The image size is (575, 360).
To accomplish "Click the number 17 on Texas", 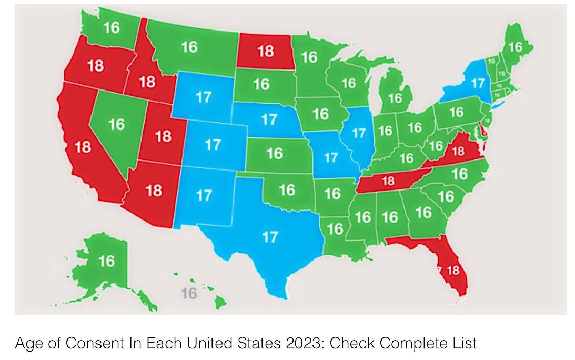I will (270, 237).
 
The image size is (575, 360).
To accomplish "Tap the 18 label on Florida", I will (452, 271).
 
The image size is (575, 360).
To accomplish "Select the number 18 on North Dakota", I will (266, 52).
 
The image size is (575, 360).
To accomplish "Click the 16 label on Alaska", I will (106, 261).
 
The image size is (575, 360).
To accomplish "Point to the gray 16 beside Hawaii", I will (188, 293).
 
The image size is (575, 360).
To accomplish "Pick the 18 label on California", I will (83, 147).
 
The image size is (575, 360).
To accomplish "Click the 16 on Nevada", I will (116, 125).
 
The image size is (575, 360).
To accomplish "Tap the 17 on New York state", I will (477, 83).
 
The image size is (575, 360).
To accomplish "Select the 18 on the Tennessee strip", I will (388, 182).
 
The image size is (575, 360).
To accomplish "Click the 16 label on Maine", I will (515, 47).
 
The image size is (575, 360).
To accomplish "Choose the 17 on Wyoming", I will (203, 97).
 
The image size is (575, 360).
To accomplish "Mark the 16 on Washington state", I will (111, 27).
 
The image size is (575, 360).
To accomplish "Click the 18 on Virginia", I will (458, 152).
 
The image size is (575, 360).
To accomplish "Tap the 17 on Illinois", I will (359, 134).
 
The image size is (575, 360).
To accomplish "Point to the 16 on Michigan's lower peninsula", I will (395, 98).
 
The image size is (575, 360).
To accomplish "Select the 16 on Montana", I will (189, 47).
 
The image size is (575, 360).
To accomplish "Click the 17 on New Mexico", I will (204, 195).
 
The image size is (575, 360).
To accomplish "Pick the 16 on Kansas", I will (274, 153).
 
